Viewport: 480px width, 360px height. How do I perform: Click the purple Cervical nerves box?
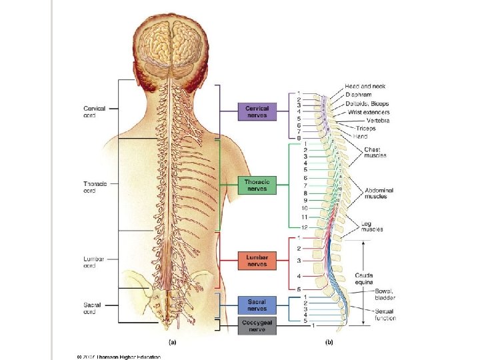[257, 112]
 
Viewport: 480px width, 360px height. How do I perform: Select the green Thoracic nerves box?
[256, 185]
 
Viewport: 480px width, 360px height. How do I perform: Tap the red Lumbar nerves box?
[256, 261]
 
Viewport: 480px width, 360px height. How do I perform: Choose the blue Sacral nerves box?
[256, 305]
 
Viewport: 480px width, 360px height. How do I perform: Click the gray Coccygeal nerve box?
[256, 326]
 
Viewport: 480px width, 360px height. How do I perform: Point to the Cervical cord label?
[93, 112]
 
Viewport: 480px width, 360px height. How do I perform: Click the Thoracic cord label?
[93, 187]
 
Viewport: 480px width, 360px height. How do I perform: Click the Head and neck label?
[365, 87]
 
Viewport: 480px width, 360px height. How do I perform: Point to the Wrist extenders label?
[369, 112]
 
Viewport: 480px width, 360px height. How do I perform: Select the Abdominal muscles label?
[379, 193]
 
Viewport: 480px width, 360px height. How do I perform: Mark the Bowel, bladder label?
[384, 295]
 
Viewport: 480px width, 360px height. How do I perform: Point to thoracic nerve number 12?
[303, 227]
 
